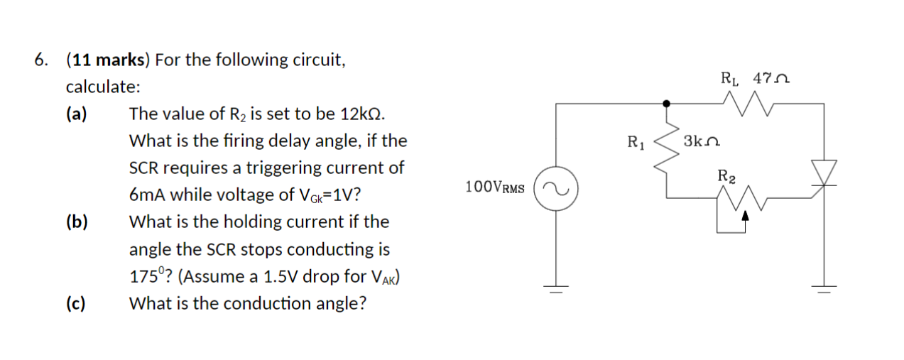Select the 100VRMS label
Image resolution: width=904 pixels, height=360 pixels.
click(496, 187)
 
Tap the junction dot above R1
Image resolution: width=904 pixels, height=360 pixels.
click(666, 104)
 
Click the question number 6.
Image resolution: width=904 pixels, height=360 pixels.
click(41, 60)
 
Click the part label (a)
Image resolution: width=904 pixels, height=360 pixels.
click(76, 114)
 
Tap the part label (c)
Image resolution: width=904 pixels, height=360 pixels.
click(76, 304)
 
